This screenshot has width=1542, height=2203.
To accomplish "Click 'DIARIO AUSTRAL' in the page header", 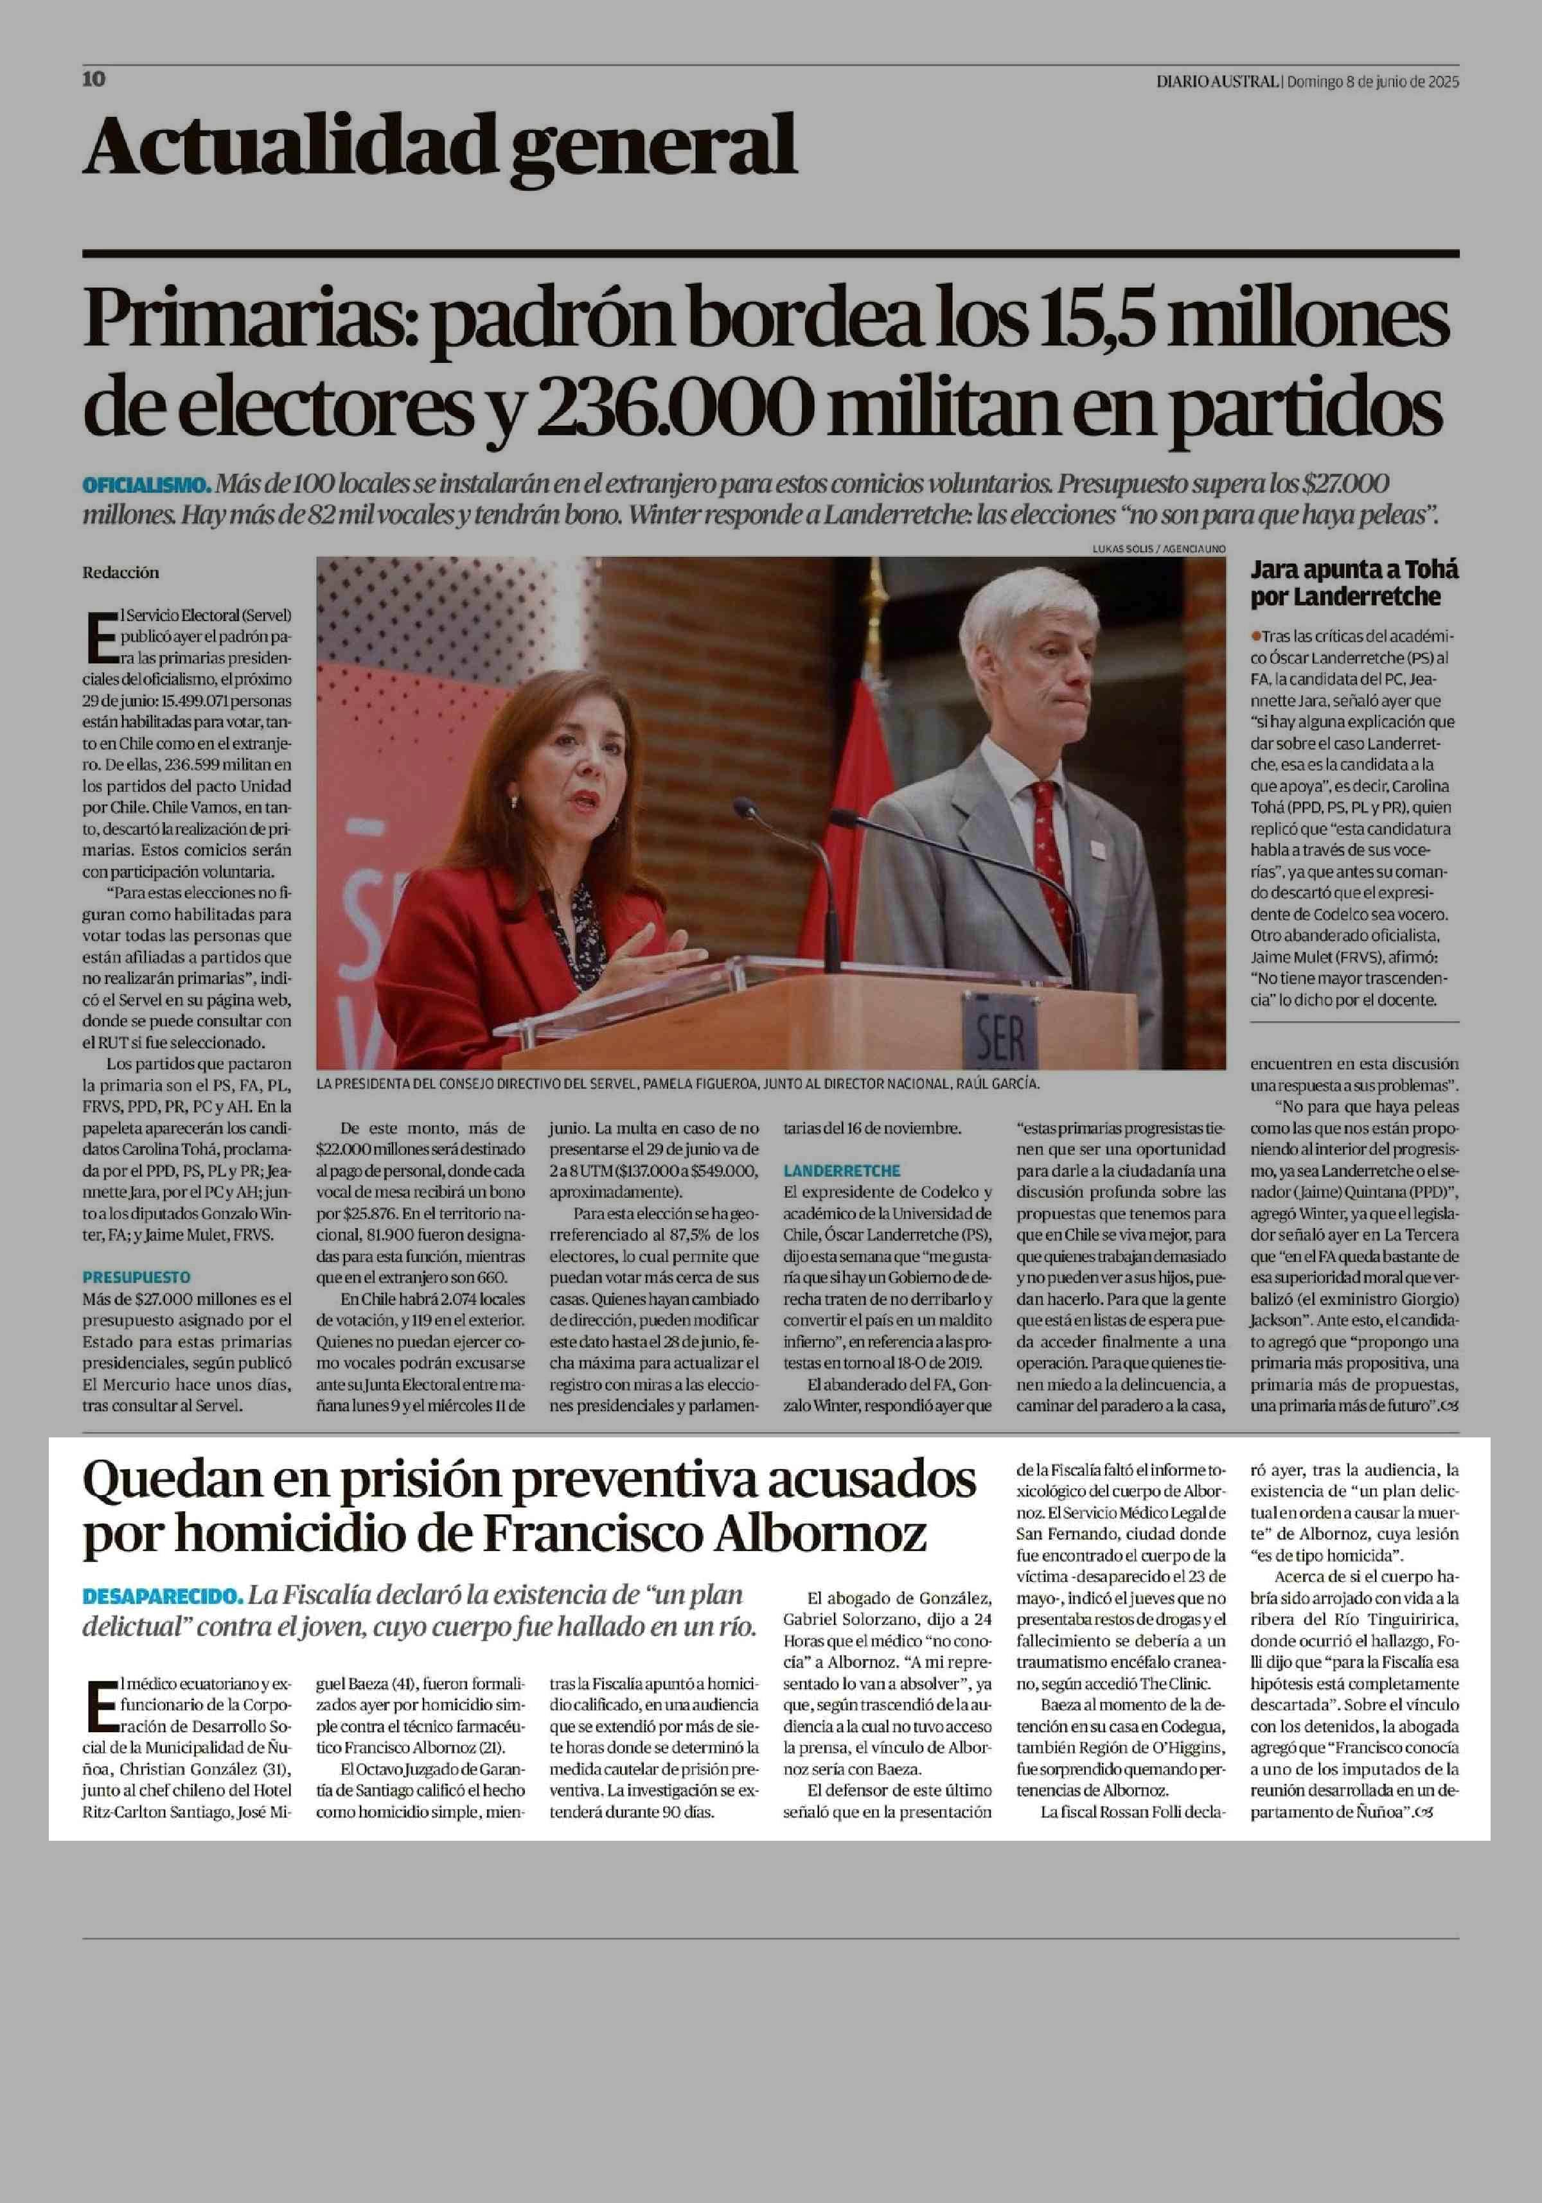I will (1217, 82).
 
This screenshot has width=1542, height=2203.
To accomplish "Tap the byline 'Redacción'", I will (120, 573).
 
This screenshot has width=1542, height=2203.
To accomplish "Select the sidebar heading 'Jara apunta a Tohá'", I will (1354, 570).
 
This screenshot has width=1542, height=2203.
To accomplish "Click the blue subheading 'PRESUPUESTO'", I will (136, 1277).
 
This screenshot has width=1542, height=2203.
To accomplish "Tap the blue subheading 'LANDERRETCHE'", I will (842, 1171).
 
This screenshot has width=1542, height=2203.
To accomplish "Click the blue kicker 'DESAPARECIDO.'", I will (162, 1597).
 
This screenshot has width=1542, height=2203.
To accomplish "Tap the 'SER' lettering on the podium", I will (1000, 1035).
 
